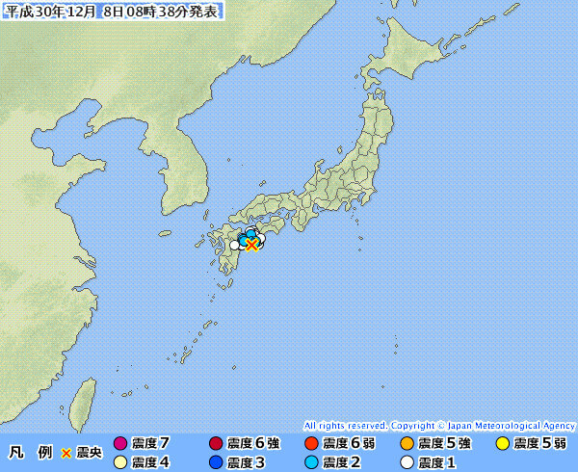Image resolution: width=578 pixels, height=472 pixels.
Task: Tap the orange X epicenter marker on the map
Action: pyautogui.click(x=251, y=245)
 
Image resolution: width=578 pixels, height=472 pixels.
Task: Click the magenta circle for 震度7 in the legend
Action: pyautogui.click(x=120, y=444)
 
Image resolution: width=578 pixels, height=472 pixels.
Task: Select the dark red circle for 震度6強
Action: pyautogui.click(x=216, y=444)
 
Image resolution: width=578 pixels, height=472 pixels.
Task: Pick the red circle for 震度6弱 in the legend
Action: pyautogui.click(x=311, y=444)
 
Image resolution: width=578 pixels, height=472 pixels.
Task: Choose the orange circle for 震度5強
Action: pyautogui.click(x=407, y=444)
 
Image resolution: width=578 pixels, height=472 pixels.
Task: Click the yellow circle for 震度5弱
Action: pyautogui.click(x=502, y=444)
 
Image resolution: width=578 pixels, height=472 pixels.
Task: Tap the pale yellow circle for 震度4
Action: pyautogui.click(x=120, y=462)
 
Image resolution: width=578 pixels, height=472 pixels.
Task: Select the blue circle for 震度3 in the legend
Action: pyautogui.click(x=216, y=462)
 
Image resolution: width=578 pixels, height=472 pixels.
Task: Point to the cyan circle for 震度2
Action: pyautogui.click(x=311, y=462)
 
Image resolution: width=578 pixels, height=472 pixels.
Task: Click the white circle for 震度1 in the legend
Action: pyautogui.click(x=407, y=462)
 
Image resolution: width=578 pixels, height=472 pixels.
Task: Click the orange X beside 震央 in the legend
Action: pyautogui.click(x=66, y=453)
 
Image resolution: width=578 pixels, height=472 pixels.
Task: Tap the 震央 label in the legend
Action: pyautogui.click(x=89, y=453)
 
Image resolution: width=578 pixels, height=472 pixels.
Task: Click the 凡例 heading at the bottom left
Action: pyautogui.click(x=30, y=453)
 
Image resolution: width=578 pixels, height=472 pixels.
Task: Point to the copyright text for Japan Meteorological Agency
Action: pyautogui.click(x=439, y=425)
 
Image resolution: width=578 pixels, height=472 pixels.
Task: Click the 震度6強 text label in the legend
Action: pyautogui.click(x=253, y=444)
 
